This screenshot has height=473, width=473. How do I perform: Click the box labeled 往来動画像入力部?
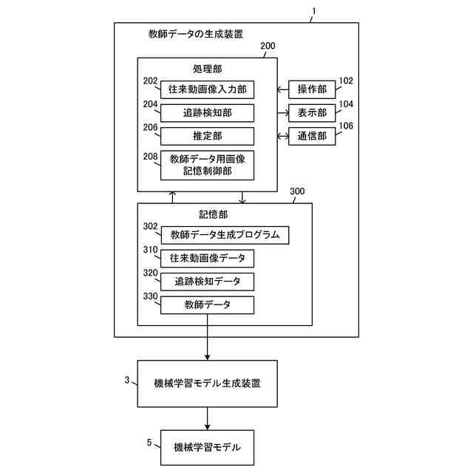[208, 89]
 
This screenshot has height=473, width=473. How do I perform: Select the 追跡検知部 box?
[208, 113]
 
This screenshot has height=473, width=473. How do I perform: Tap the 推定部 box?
[208, 136]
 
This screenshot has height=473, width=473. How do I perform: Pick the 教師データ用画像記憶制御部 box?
[208, 165]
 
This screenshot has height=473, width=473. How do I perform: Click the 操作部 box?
[312, 89]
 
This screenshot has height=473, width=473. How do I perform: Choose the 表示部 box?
[312, 113]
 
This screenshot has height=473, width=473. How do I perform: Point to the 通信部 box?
[312, 136]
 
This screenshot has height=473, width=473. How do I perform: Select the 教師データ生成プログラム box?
[225, 235]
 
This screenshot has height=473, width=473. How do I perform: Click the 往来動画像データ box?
[208, 258]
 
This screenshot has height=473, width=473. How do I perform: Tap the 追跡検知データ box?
[208, 282]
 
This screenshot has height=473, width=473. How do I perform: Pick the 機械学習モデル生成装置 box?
[206, 384]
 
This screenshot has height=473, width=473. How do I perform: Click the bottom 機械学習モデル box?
[206, 447]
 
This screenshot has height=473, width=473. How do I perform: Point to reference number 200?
[268, 46]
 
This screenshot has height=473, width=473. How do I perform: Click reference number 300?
[297, 191]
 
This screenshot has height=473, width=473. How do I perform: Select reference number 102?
[346, 81]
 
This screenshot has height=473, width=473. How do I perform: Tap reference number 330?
[151, 296]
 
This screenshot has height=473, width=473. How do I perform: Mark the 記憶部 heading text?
[214, 214]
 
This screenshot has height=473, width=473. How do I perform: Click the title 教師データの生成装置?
[196, 34]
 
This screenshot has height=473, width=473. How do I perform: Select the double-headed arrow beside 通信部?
[282, 136]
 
